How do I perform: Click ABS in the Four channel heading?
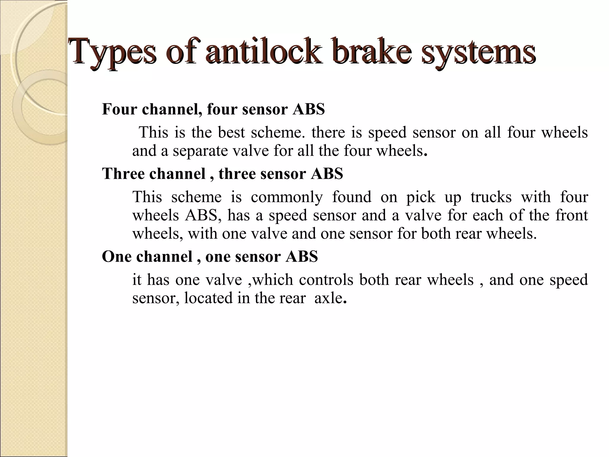click(309, 109)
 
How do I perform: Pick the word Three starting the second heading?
click(124, 173)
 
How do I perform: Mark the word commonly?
click(287, 197)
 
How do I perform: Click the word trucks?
click(491, 197)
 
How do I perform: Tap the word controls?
click(326, 280)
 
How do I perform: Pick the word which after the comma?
click(273, 280)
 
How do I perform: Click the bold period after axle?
click(345, 302)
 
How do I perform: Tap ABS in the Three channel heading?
click(327, 173)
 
